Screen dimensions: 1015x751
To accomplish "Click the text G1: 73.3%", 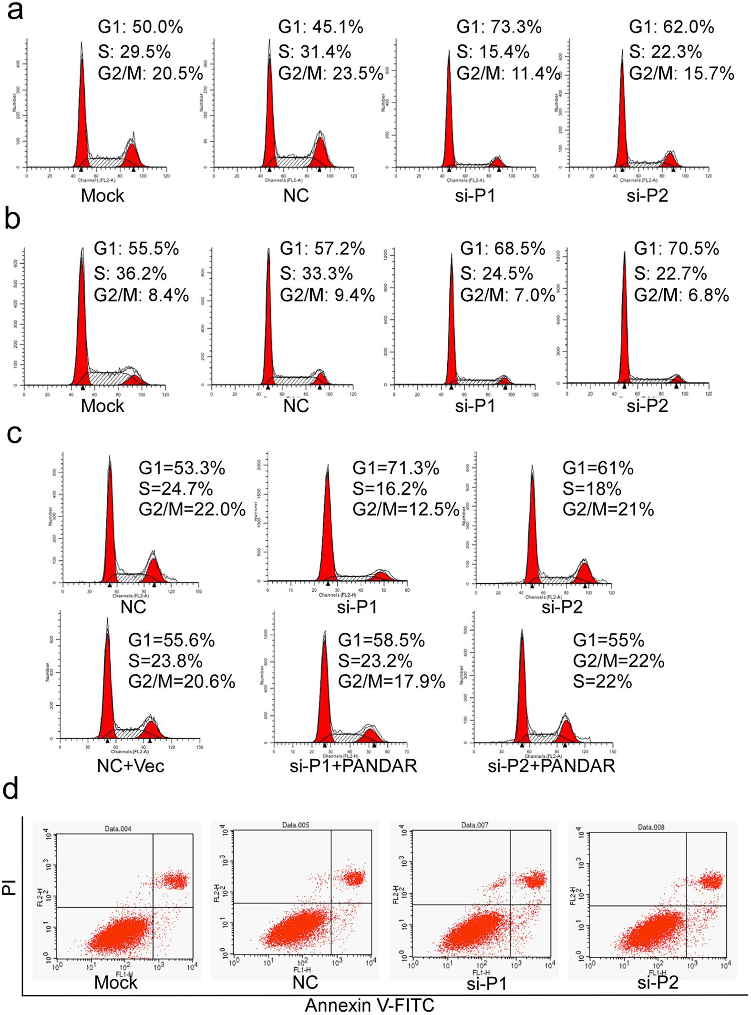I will pos(499,27).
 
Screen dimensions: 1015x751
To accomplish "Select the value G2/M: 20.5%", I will pos(150,73).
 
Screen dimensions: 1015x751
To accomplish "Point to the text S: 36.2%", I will pos(130,273).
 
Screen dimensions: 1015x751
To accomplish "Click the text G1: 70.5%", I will pos(676,249).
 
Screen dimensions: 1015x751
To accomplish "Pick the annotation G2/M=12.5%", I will pos(405,509).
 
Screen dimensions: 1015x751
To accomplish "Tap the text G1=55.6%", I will pos(172,640).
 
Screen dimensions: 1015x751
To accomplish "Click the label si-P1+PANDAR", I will pos(353,766).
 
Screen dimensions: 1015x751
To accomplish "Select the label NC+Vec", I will pos(131,766).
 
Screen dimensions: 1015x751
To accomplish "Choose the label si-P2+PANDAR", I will pos(551,766).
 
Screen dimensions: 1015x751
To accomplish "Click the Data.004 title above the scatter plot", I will pos(118,829).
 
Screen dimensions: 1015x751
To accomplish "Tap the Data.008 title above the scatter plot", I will pos(651,827).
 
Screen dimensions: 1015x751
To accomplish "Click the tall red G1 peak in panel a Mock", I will pos(82,115).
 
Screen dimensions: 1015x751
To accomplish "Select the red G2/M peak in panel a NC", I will pos(320,153).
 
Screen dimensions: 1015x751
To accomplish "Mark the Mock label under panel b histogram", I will pos(102,406).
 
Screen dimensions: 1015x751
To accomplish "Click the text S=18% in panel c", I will pos(592,489).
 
